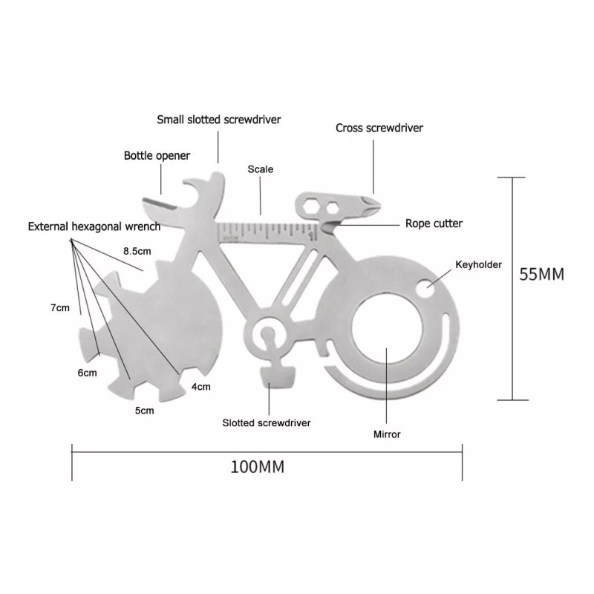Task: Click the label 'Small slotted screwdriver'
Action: [x=219, y=119]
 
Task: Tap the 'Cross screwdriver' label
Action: [x=379, y=128]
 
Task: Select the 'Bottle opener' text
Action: [x=157, y=156]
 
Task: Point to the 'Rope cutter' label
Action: [x=434, y=223]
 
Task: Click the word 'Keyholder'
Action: [x=478, y=264]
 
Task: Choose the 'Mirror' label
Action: [x=387, y=434]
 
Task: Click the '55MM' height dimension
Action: [x=542, y=274]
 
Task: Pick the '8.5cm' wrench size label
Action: [x=139, y=252]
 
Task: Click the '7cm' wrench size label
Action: [x=60, y=307]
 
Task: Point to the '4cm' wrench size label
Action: [x=200, y=386]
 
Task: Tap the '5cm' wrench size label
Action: [x=144, y=410]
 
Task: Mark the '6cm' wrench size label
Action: [x=87, y=372]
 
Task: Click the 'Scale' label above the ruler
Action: [x=260, y=169]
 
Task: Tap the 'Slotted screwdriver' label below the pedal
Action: [x=267, y=423]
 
